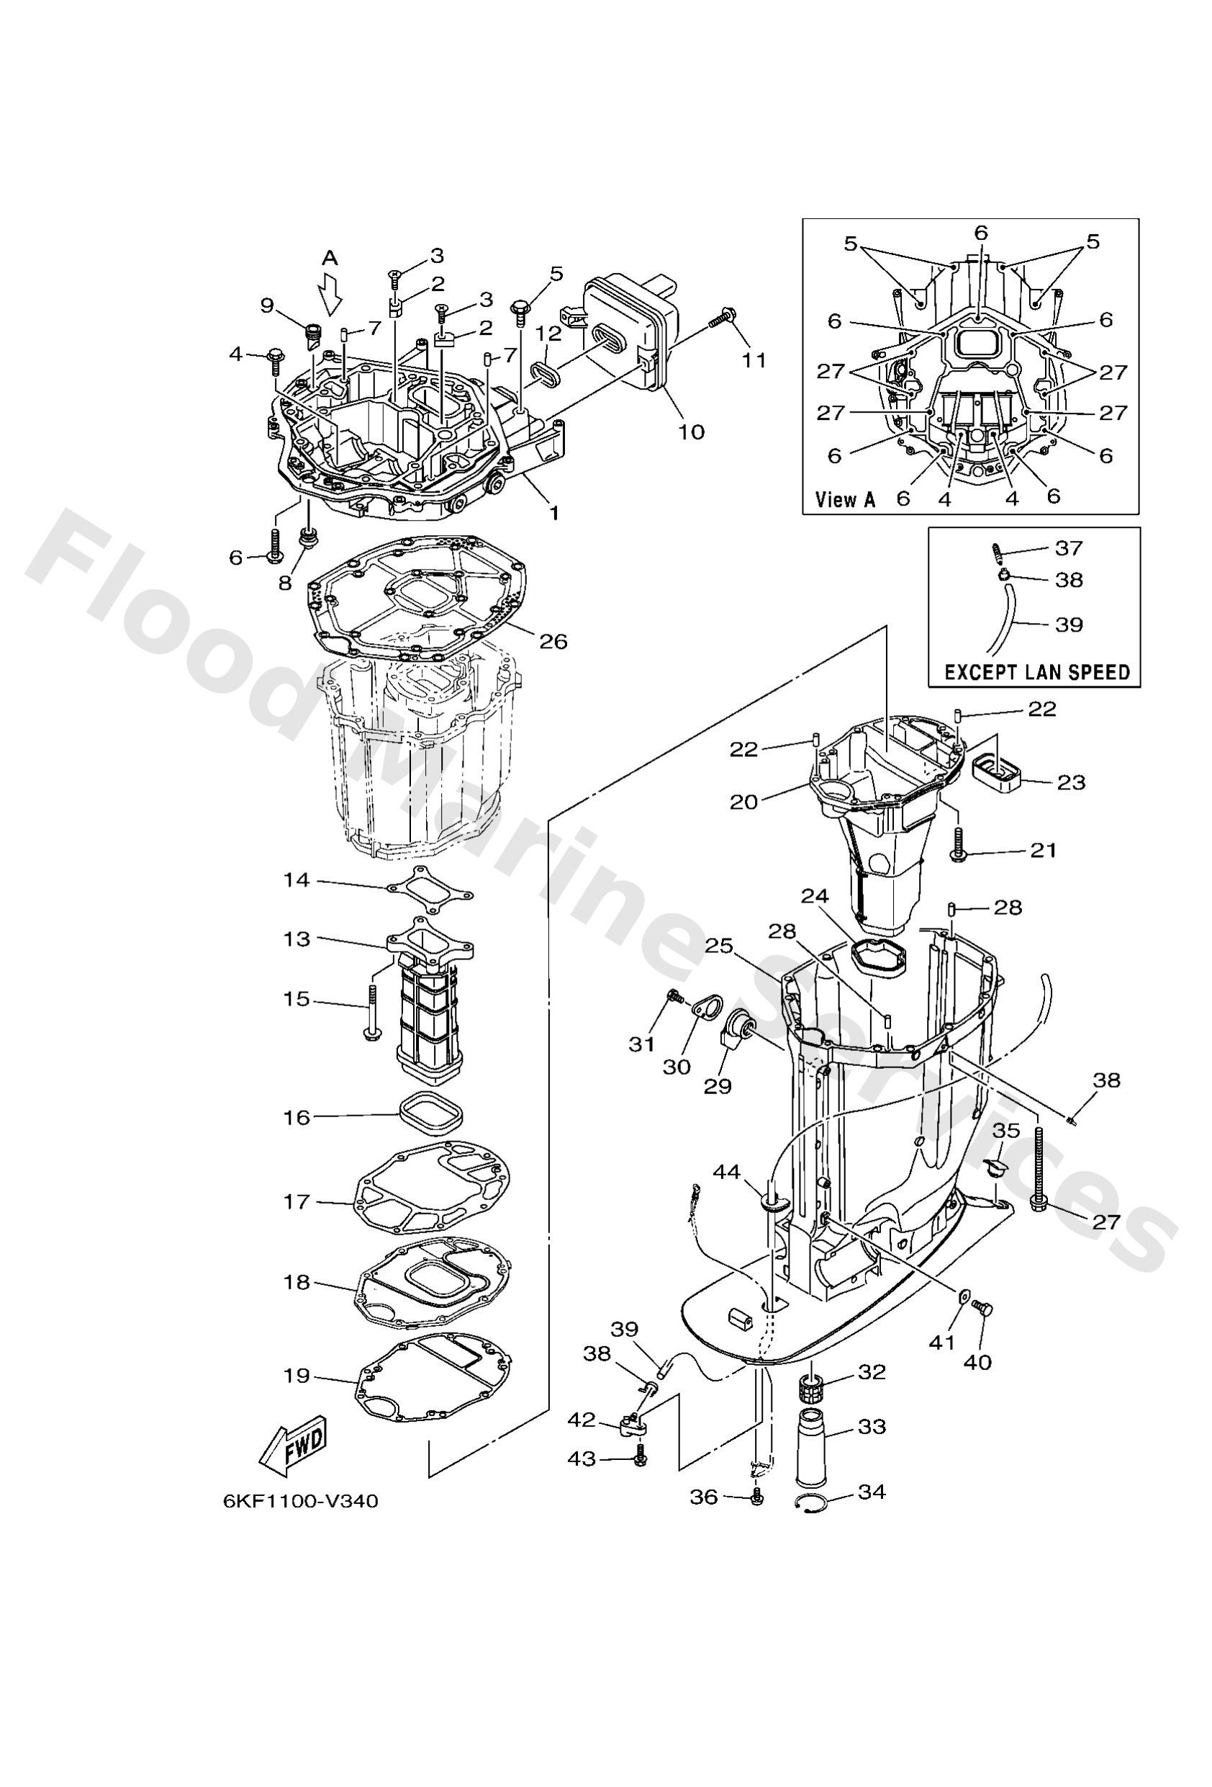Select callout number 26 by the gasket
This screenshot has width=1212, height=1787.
(x=552, y=640)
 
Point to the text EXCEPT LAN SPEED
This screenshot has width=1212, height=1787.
(x=1036, y=671)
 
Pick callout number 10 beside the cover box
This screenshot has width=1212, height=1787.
(x=691, y=431)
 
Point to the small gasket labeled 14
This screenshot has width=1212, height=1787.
(x=430, y=884)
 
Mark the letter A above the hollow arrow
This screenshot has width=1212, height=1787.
(x=329, y=258)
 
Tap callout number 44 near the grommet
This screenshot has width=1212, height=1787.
(x=726, y=1193)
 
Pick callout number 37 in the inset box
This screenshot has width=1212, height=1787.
(x=1068, y=547)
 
